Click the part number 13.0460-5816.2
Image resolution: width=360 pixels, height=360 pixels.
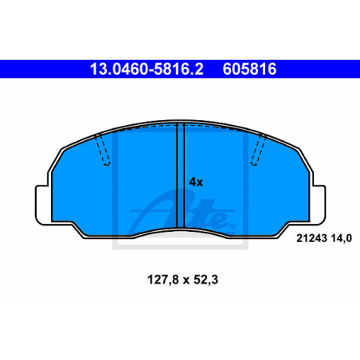coord(147,69)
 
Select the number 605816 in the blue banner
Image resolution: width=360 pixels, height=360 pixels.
coord(249,69)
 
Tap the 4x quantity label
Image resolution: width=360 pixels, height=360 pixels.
coord(196,182)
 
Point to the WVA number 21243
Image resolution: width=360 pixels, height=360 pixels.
coord(311,238)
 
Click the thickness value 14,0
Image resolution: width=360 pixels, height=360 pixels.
coord(341,238)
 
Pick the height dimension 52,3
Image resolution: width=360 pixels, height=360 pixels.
coord(205,280)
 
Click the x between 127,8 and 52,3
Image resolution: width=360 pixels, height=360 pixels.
coord(186,280)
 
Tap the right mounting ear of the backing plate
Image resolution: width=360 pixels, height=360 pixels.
coord(318,205)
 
